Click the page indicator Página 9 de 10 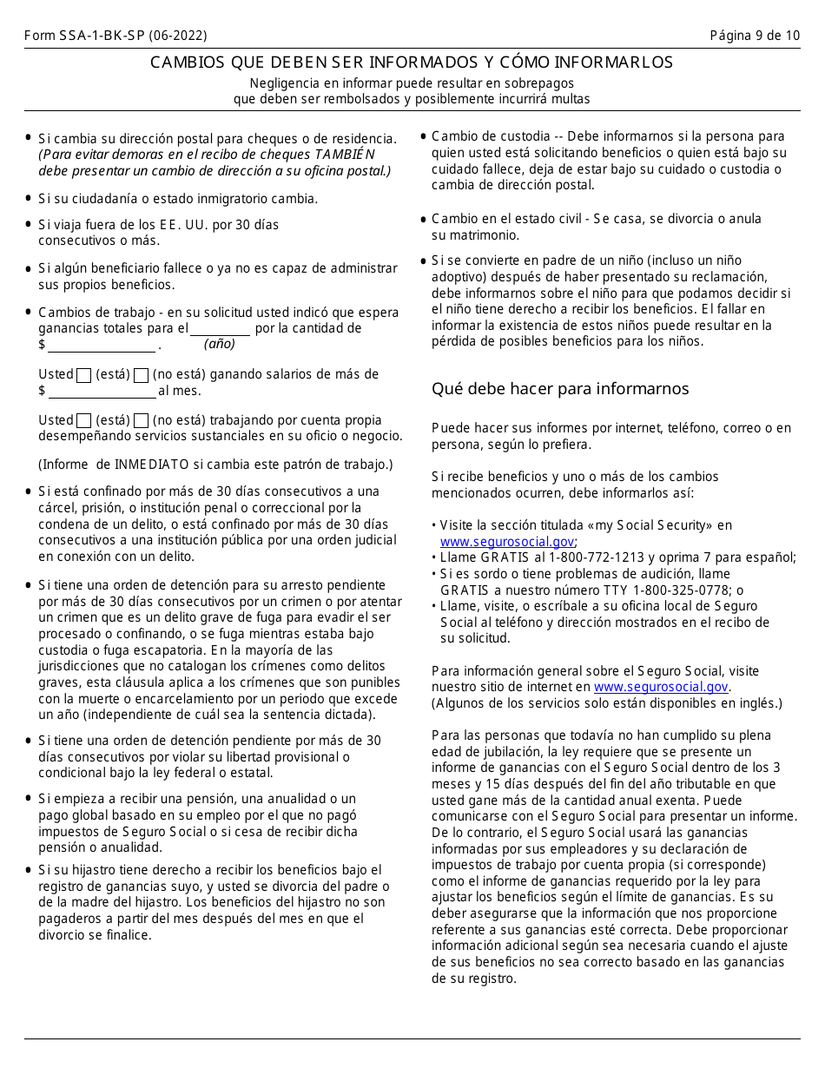(755, 36)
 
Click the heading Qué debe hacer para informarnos (560, 388)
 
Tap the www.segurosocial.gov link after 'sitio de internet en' (661, 687)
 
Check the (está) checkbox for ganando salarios (84, 375)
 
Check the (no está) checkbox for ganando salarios (142, 375)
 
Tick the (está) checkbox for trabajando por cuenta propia (84, 420)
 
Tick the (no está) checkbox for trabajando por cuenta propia (142, 420)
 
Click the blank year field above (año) (220, 329)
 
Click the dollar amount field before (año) (102, 346)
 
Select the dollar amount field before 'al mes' (102, 391)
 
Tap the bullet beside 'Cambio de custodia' (423, 136)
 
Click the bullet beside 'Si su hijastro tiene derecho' (30, 870)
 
